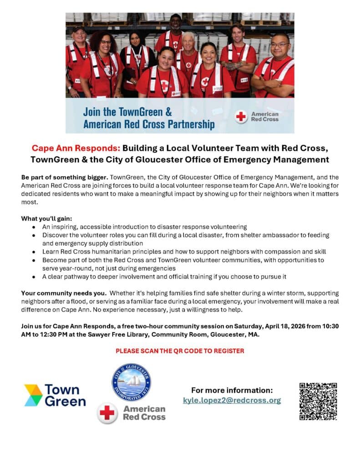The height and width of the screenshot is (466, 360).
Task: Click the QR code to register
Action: tap(318, 401)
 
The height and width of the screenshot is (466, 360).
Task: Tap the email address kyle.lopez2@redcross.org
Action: tap(232, 400)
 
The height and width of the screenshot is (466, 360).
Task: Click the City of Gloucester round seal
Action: tap(132, 382)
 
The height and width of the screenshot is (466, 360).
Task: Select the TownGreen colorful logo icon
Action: tap(33, 395)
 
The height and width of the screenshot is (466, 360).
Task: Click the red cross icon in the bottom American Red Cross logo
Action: tap(107, 413)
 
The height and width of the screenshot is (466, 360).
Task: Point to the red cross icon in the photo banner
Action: tap(241, 116)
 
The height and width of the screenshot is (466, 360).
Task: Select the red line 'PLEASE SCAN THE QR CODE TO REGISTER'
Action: tap(180, 351)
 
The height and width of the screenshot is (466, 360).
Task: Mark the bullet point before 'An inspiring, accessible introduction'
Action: tap(34, 227)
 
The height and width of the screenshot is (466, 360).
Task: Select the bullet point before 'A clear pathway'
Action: tap(34, 277)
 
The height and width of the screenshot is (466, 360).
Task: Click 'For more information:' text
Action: tap(232, 390)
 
